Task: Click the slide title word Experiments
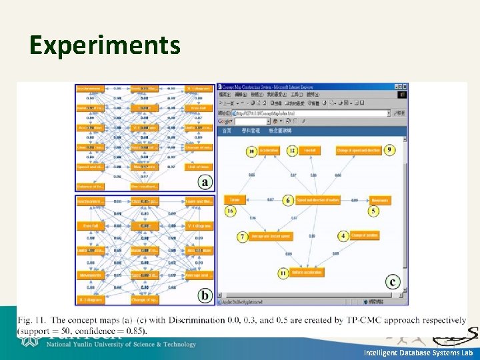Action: coord(105,45)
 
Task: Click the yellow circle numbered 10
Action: coord(251,151)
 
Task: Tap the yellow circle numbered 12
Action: coord(292,151)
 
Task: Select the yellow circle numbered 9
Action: coord(389,150)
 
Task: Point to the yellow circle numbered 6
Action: coord(288,200)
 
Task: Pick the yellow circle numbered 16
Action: coord(230,211)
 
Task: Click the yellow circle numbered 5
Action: coord(373,211)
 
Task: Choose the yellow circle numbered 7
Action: coord(243,237)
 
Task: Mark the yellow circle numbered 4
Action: coord(343,236)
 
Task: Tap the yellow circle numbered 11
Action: coord(283,273)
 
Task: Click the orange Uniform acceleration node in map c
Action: coord(309,273)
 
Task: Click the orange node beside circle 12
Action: coord(311,151)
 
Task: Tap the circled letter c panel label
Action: coord(393,282)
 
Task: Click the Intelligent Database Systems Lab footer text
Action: coord(418,352)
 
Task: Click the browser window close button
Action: coord(403,87)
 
